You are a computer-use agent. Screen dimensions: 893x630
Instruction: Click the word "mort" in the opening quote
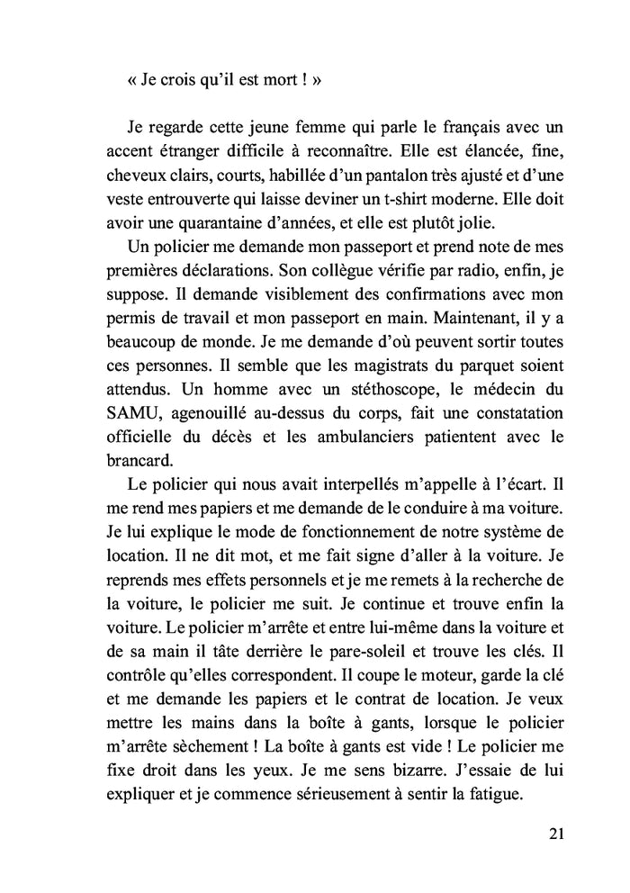coord(266,79)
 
